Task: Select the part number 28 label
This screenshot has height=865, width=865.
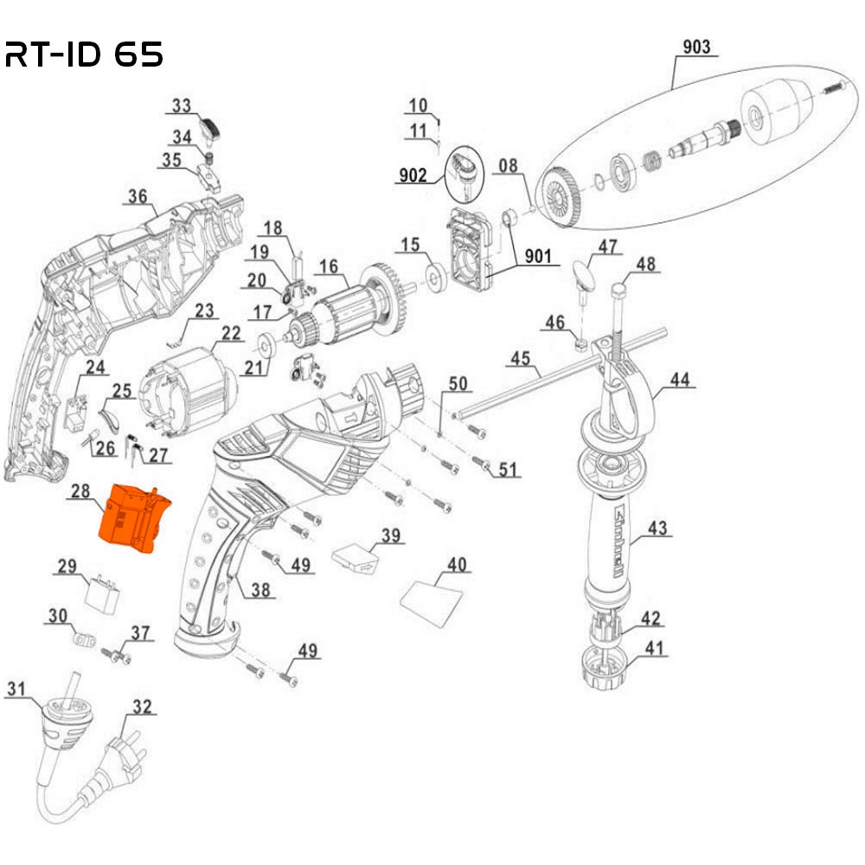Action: (x=80, y=491)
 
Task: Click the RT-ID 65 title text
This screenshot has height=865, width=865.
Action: (x=84, y=55)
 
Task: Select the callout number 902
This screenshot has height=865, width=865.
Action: (x=413, y=176)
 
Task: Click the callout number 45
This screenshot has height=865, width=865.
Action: (x=519, y=357)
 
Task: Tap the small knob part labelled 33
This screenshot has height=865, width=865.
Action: (x=210, y=131)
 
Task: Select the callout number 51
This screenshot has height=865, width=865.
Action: (x=507, y=470)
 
